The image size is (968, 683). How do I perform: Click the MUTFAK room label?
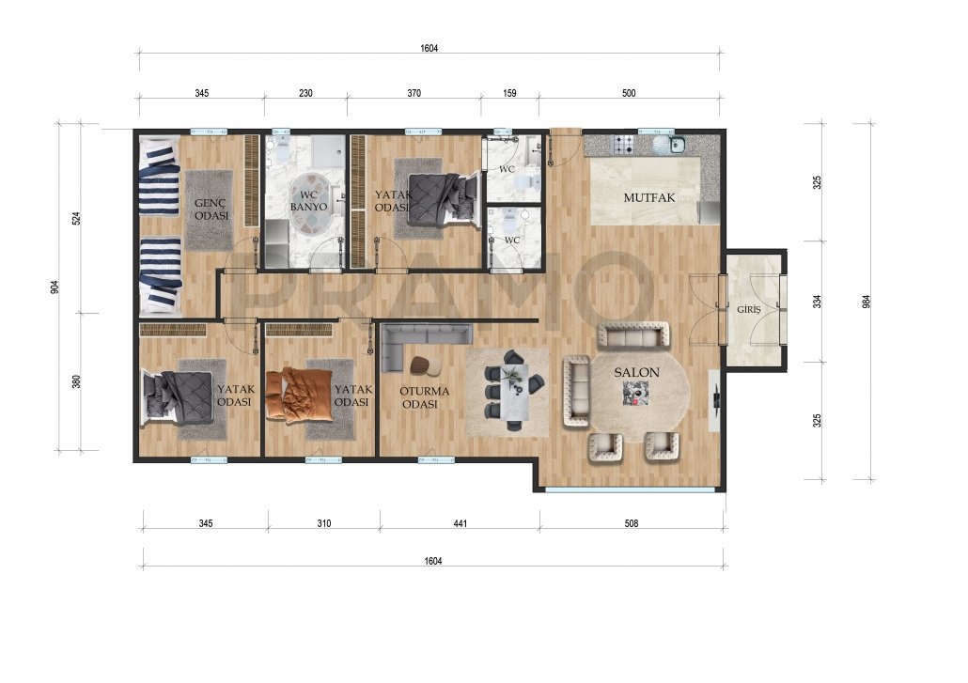[x=648, y=198]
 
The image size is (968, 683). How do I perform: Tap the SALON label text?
[x=636, y=373]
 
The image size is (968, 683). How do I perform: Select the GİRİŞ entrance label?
[x=748, y=310]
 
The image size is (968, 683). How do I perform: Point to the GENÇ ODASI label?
[x=211, y=210]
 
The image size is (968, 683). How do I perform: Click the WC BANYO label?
[x=308, y=201]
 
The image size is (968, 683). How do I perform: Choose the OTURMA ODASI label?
[x=424, y=398]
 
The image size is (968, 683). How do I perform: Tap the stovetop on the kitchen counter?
[x=622, y=145]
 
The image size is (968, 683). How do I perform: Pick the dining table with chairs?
[x=513, y=391]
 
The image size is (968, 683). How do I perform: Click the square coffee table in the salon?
[x=635, y=393]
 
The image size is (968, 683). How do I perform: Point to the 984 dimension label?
[x=867, y=302]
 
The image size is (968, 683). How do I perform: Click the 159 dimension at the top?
[x=509, y=94]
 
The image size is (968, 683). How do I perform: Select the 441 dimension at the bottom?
[x=461, y=524]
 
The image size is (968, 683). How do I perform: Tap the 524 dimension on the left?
[x=76, y=218]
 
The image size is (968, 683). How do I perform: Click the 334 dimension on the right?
[x=817, y=302]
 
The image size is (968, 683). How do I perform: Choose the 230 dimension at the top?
[x=305, y=94]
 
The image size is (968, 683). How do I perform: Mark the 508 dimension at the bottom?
[x=631, y=524]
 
